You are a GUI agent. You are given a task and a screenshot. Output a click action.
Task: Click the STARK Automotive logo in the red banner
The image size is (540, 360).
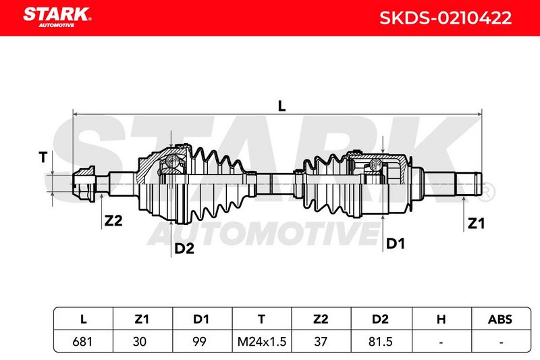tap(57, 18)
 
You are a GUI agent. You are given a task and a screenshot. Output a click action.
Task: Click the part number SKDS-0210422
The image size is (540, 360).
tap(446, 18)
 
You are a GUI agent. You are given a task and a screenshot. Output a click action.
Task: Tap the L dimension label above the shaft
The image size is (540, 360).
tap(281, 106)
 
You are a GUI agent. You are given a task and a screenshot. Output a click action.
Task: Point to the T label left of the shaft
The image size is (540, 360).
tap(43, 157)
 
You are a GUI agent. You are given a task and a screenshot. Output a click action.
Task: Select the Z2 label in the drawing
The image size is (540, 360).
tap(113, 220)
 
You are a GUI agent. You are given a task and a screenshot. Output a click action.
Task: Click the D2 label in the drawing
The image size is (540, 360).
tap(184, 249)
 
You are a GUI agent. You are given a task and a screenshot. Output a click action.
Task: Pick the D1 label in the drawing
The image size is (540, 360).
tap(396, 244)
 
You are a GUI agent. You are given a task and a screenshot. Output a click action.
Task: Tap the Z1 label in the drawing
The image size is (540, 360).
tap(476, 224)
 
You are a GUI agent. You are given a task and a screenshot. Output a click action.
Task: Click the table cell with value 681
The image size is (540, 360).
tap(82, 341)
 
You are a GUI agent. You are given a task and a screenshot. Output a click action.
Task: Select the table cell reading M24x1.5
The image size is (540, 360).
tap(262, 341)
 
